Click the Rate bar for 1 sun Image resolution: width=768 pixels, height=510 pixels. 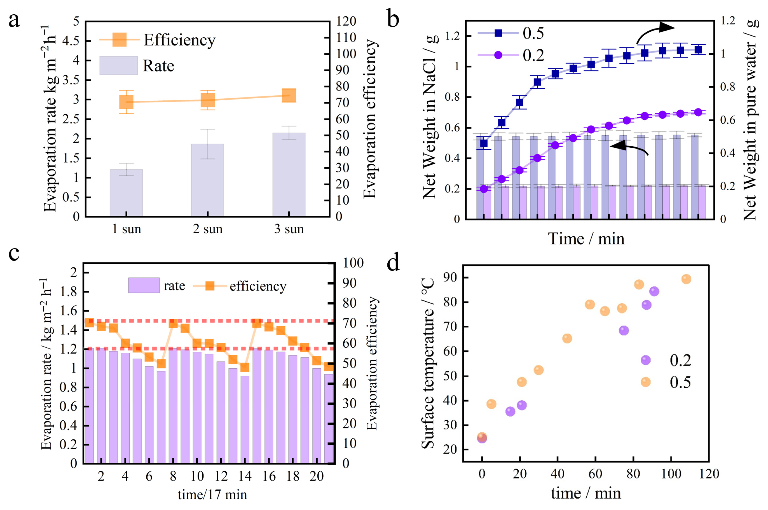[126, 193]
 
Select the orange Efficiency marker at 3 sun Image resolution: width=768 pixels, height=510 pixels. [289, 95]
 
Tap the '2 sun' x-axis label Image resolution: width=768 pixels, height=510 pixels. [208, 229]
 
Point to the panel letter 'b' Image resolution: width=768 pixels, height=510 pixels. [393, 19]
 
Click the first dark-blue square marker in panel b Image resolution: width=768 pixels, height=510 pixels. [484, 143]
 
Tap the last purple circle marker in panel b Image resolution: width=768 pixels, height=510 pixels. [698, 112]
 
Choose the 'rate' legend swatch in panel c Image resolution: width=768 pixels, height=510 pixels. [144, 285]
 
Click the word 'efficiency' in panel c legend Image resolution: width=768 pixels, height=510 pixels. [258, 286]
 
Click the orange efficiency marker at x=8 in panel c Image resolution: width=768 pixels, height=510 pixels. [173, 324]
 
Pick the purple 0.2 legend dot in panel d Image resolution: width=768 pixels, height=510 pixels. [645, 360]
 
